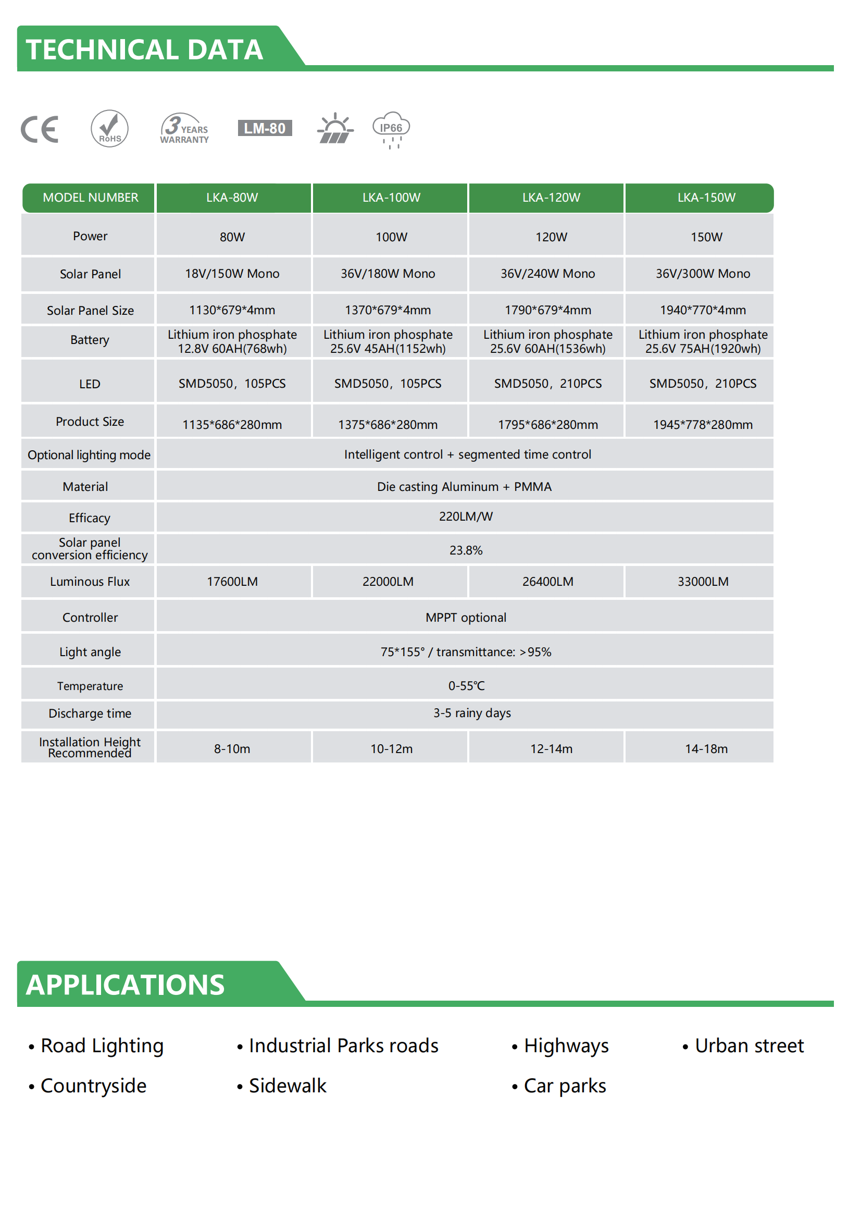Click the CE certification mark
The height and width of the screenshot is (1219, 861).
39,129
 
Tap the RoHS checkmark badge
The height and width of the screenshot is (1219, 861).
109,129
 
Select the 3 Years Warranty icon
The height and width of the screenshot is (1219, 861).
184,129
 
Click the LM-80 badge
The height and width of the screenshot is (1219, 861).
264,129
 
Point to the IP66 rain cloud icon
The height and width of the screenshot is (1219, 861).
391,130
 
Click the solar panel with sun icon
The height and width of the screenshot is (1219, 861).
335,129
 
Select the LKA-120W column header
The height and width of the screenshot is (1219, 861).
551,198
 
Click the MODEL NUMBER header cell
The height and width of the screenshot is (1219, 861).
90,198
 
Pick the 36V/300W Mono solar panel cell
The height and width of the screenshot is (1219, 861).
702,274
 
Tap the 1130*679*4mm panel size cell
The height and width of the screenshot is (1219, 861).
232,310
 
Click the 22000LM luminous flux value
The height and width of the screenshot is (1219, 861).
388,582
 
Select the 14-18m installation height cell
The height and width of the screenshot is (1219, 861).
706,748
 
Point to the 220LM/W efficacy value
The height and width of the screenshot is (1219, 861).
465,516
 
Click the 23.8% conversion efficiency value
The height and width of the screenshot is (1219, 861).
465,550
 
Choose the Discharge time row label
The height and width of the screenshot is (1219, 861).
90,713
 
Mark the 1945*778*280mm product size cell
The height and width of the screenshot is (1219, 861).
702,424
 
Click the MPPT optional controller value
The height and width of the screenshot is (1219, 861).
465,618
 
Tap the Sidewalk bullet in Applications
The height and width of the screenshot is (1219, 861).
287,1086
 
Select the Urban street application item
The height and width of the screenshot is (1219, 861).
748,1045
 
